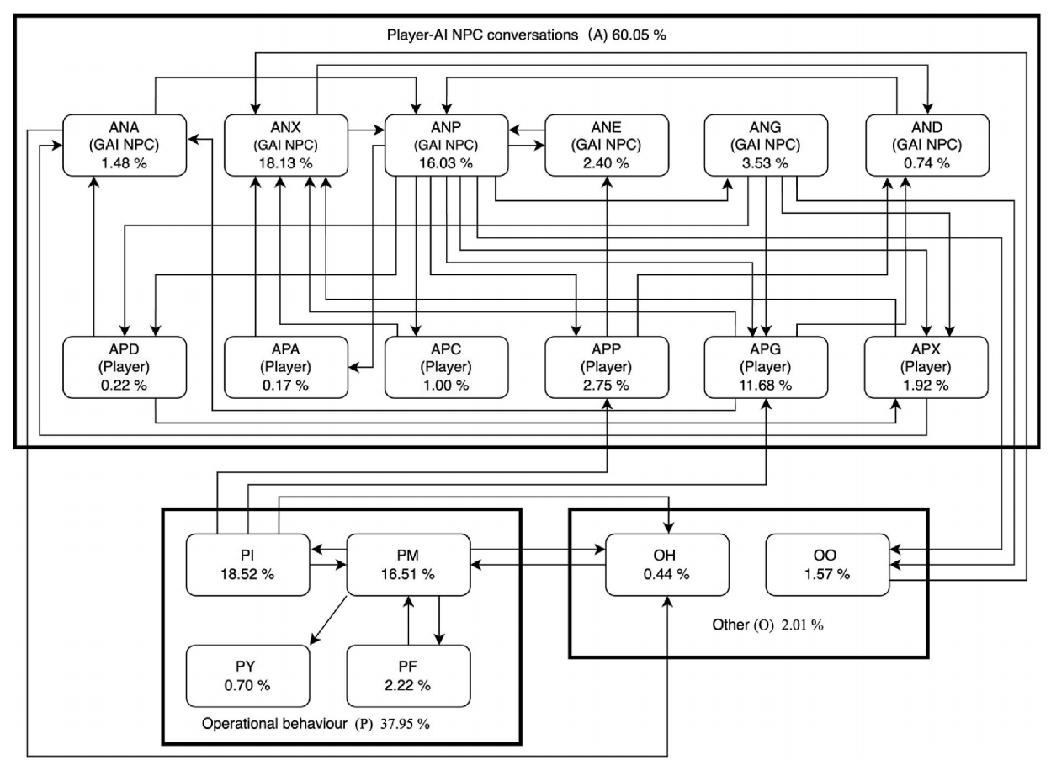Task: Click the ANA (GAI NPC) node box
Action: pyautogui.click(x=125, y=145)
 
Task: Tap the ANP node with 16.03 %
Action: pyautogui.click(x=446, y=145)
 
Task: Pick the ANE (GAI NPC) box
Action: pyautogui.click(x=607, y=145)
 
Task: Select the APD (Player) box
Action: pyautogui.click(x=125, y=367)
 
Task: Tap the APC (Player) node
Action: pyautogui.click(x=446, y=367)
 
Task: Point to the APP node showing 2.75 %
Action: pyautogui.click(x=607, y=367)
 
